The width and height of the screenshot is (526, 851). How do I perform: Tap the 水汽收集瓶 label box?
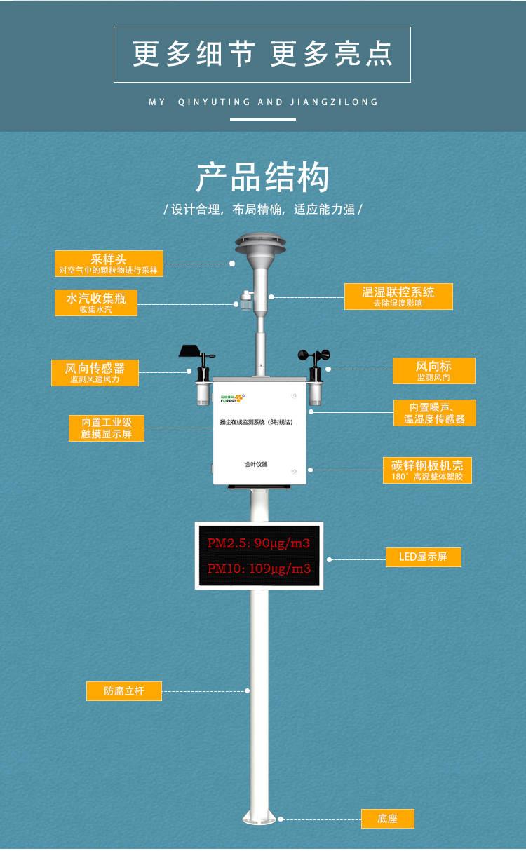click(96, 302)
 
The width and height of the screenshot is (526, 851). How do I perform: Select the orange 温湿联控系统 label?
click(398, 297)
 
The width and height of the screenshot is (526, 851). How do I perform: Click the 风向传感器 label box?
click(95, 372)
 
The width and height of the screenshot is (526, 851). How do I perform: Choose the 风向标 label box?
click(433, 371)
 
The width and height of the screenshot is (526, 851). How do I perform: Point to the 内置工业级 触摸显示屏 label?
click(106, 428)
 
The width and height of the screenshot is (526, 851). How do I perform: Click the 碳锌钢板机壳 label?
click(427, 470)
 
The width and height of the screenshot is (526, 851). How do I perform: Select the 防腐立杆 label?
click(124, 690)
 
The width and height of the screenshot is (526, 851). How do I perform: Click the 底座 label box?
click(387, 818)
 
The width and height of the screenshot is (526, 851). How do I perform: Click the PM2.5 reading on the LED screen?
click(258, 543)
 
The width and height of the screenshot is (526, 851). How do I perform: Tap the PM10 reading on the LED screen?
click(258, 568)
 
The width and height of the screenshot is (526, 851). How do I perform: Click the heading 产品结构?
click(262, 178)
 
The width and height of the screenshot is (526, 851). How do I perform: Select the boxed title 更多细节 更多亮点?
click(262, 55)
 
